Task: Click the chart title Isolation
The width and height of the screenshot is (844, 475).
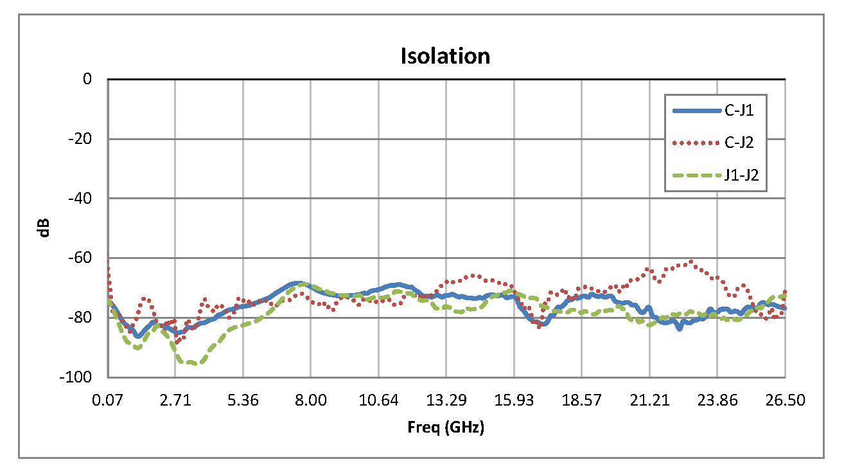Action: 445,56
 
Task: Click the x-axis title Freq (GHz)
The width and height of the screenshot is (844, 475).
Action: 445,427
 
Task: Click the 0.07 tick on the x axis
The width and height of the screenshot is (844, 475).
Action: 107,400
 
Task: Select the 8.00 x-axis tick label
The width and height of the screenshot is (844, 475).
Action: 311,400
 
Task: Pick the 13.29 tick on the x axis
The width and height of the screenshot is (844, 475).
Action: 446,400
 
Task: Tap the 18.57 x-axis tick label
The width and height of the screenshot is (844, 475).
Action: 581,400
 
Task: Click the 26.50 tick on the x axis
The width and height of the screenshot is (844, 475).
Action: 785,400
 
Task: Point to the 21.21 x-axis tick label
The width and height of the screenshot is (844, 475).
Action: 649,400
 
